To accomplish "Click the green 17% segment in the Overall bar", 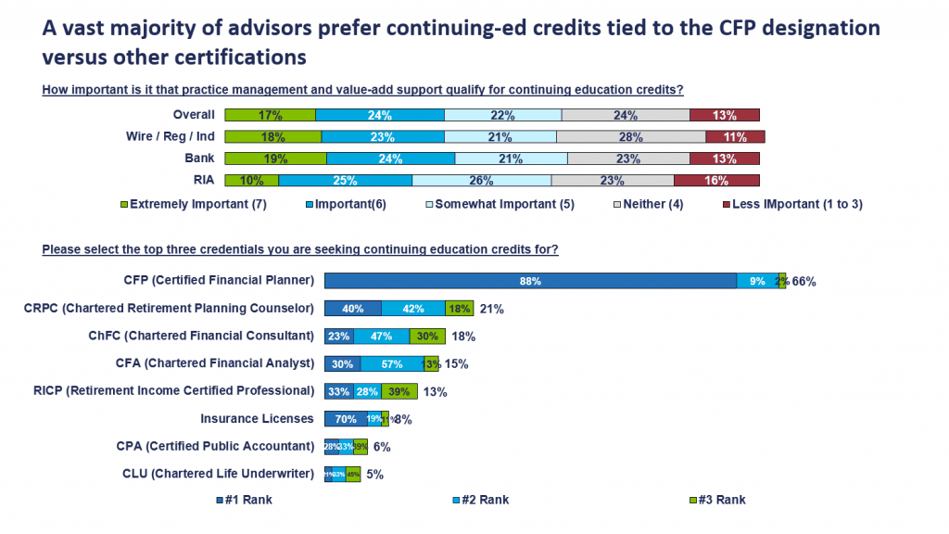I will tap(271, 115).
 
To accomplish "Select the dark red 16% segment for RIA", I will tap(716, 180).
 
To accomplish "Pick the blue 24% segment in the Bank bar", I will tap(390, 159).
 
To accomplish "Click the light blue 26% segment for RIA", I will tap(481, 180).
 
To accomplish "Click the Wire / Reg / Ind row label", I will tap(171, 136).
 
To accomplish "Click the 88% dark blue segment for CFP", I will tap(530, 281).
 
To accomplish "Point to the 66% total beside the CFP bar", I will tap(804, 282).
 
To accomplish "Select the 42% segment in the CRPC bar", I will tap(413, 309).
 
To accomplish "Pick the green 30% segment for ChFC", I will tap(428, 337).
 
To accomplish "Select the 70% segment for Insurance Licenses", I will tap(346, 419).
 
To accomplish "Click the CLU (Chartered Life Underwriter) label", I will tap(218, 474).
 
